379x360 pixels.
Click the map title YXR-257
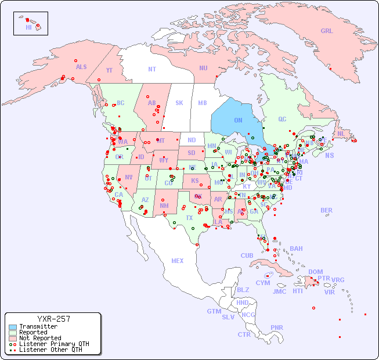point(53,319)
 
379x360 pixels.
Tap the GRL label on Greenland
point(327,31)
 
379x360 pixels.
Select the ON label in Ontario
point(238,120)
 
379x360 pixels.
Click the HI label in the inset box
point(28,27)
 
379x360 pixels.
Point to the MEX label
point(178,261)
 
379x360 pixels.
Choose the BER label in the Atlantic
point(327,210)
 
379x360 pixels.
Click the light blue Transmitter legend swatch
point(13,327)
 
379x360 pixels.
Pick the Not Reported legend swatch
point(13,338)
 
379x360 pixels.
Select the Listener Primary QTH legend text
point(54,344)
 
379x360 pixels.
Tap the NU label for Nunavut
point(203,68)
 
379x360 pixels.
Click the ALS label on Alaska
point(81,67)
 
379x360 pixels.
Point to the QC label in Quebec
point(282,119)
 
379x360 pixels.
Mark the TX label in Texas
point(189,218)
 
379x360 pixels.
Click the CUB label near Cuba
point(247,255)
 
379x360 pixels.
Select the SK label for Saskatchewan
point(179,103)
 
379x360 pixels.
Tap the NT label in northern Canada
point(152,69)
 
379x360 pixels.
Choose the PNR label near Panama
point(277,327)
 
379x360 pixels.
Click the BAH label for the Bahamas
point(296,249)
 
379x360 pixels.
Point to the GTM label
point(214,311)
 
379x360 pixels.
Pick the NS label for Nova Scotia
point(330,155)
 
